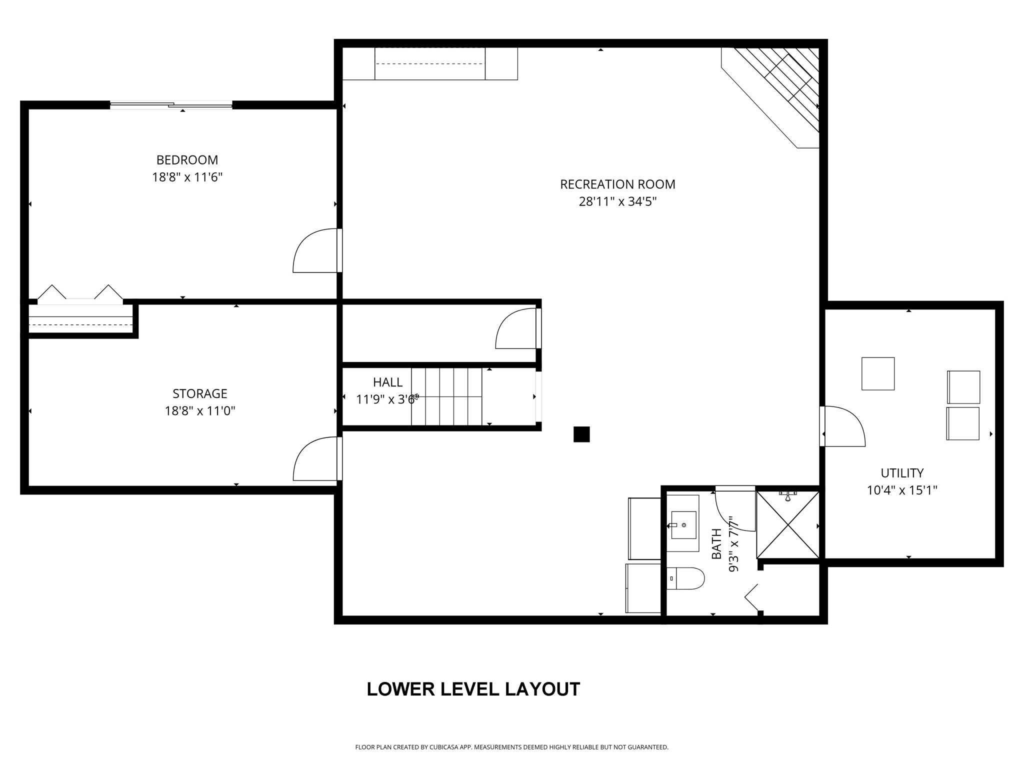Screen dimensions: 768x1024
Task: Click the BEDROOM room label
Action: click(187, 160)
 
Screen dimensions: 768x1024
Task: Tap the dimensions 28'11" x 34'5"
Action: click(617, 201)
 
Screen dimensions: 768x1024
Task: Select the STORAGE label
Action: click(200, 393)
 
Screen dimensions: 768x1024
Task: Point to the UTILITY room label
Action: click(901, 472)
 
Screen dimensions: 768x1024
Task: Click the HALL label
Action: click(387, 382)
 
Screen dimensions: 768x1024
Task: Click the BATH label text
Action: click(716, 544)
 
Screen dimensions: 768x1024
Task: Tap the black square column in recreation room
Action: click(581, 434)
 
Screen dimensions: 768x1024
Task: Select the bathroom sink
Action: click(683, 524)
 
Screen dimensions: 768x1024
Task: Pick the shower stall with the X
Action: click(787, 524)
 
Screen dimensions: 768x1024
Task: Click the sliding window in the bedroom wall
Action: click(171, 105)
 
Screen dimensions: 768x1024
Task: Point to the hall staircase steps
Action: click(446, 396)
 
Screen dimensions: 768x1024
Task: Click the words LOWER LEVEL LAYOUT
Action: click(473, 689)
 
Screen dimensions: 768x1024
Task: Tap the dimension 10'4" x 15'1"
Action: click(901, 490)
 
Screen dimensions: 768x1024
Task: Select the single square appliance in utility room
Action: click(877, 373)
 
